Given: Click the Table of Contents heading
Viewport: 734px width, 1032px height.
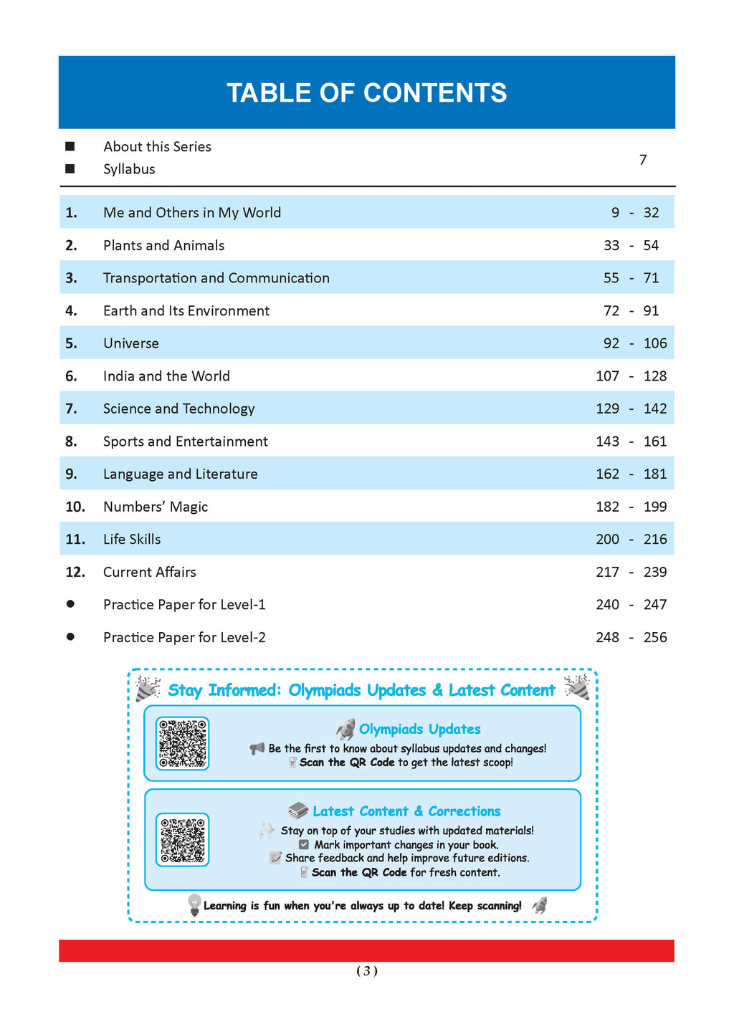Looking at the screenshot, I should [366, 93].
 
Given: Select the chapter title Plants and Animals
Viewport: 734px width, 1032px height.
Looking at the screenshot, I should [163, 245].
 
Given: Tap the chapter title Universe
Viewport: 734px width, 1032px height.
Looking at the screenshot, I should [131, 343].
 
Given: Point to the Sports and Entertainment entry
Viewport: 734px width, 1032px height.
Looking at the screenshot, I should [185, 441].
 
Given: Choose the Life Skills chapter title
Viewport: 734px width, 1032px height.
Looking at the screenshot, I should [132, 539].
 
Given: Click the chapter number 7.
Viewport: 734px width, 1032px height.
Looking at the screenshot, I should [71, 408].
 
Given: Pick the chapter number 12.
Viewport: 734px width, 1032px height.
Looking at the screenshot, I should [75, 572].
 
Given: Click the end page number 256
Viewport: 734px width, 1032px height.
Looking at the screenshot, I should [655, 637].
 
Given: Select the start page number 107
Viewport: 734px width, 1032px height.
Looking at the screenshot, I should [607, 376].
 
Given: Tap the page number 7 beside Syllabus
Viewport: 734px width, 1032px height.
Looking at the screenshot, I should [643, 159].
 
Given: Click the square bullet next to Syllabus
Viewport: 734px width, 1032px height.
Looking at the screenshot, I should [70, 169].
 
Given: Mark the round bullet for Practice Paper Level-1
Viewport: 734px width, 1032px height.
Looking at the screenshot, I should [70, 604].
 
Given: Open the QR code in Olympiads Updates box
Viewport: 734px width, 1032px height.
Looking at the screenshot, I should [183, 743].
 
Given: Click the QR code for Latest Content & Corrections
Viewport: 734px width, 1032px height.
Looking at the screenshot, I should [183, 839].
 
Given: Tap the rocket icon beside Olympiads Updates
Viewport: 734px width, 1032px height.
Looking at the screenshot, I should [345, 730].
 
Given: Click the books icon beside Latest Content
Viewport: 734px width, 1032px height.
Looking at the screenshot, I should [297, 811].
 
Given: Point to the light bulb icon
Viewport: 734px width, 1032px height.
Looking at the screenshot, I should [194, 904].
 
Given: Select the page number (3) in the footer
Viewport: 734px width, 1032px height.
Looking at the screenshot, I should [366, 971].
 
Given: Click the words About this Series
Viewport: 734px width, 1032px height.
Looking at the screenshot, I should [157, 147].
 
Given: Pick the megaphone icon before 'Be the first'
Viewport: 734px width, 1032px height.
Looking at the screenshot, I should [257, 749].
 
